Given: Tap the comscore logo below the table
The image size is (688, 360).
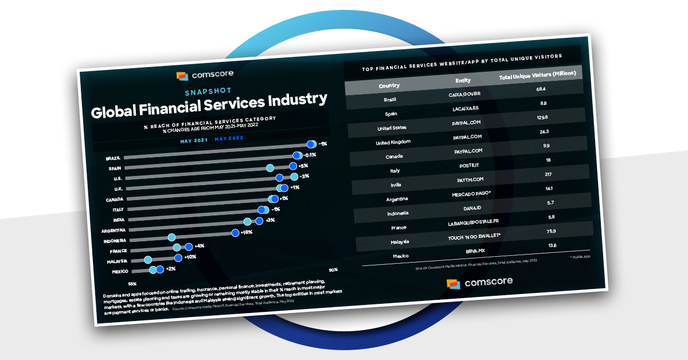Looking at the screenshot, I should [479, 283].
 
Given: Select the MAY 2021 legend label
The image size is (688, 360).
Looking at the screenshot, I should [193, 140].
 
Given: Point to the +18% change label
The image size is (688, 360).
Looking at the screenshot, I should [247, 232].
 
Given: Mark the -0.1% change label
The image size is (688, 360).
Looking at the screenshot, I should [310, 155].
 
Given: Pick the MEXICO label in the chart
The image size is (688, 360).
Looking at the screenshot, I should [120, 272].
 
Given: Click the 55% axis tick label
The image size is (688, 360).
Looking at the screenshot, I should [132, 284].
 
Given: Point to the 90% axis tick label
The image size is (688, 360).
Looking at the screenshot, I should [333, 269].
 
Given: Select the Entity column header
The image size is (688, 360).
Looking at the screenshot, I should [463, 81].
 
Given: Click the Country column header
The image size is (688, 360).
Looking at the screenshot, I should [389, 86].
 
